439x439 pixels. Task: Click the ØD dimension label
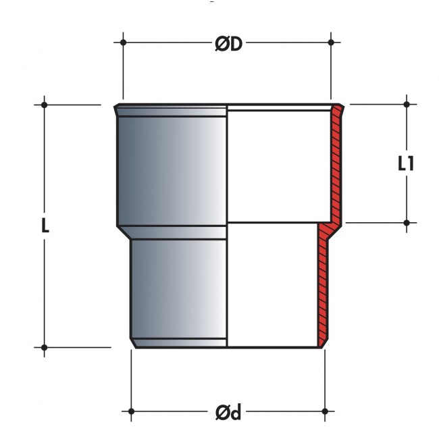(x=228, y=44)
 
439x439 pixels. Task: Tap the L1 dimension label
(x=406, y=163)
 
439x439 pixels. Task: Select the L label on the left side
(x=45, y=226)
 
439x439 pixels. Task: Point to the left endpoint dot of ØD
(x=123, y=43)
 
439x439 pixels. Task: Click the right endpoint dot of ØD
(x=331, y=43)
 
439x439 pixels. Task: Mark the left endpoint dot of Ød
(x=131, y=411)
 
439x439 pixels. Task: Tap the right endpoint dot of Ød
(x=325, y=411)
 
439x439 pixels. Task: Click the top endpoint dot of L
(x=44, y=105)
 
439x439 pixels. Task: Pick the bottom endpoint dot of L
(x=44, y=347)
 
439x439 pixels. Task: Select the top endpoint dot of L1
(x=407, y=105)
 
